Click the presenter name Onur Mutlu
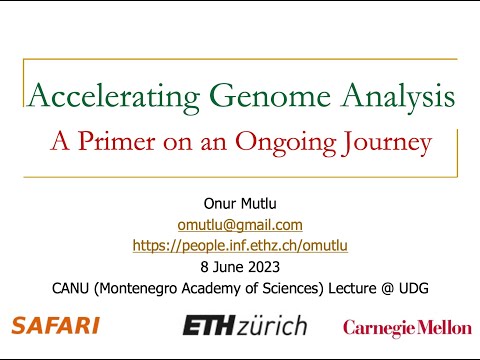[x=240, y=206]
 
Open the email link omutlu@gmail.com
[x=240, y=225]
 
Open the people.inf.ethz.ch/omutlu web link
[x=240, y=245]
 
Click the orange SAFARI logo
[x=55, y=325]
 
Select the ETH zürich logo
[x=244, y=326]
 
